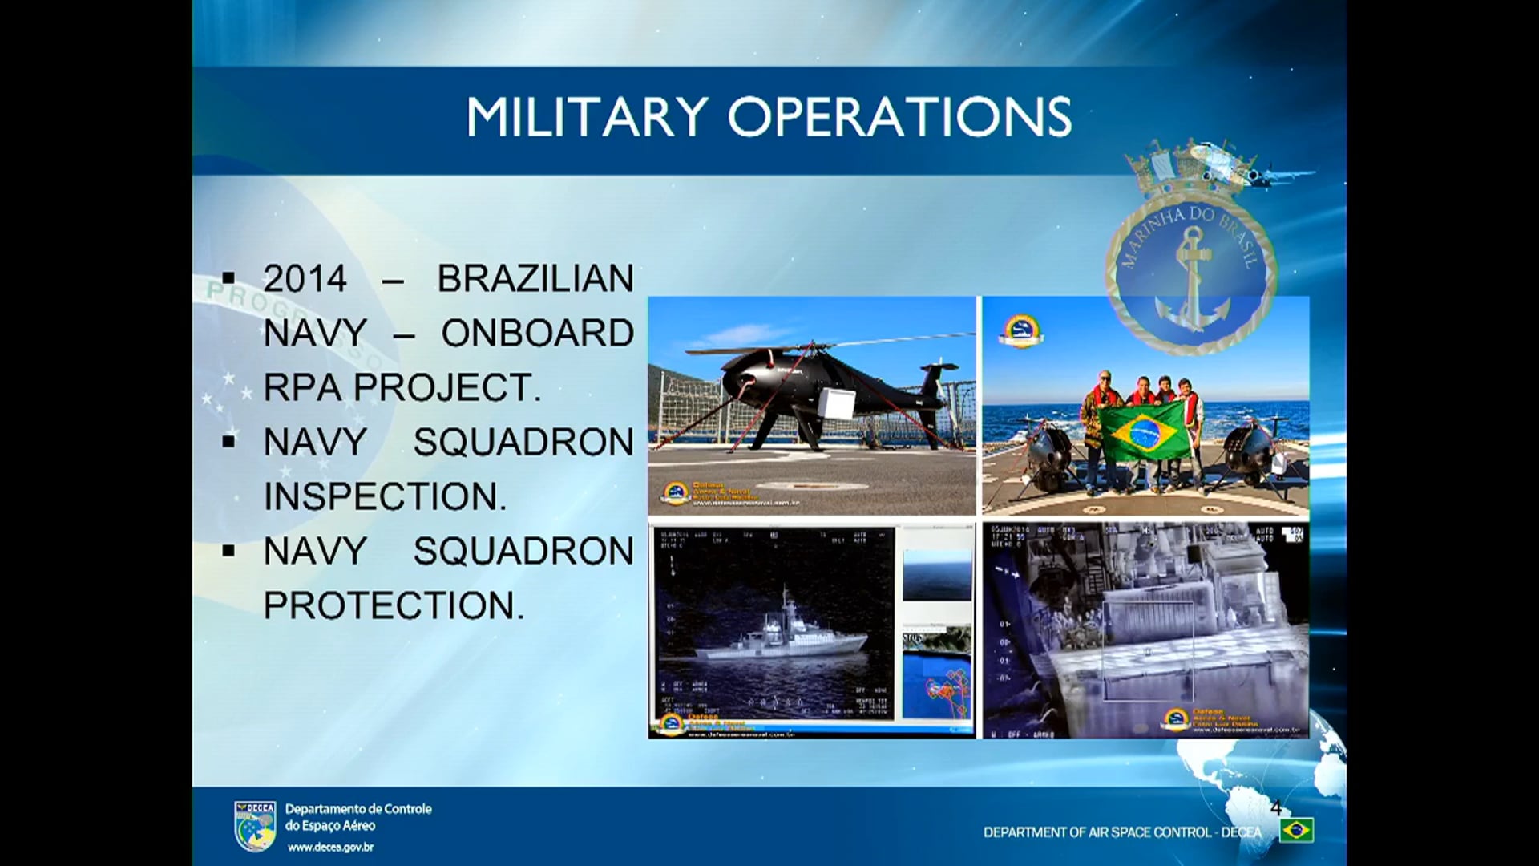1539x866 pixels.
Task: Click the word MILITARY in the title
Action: tap(588, 117)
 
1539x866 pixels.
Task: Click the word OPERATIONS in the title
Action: tap(899, 117)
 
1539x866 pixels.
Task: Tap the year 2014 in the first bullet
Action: tap(305, 279)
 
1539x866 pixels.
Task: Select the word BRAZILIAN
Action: tap(535, 279)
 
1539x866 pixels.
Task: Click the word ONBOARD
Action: tap(537, 334)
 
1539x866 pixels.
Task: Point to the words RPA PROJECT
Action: tap(401, 387)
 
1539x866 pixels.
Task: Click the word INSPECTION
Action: tap(385, 496)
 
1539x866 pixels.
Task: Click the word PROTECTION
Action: tap(393, 605)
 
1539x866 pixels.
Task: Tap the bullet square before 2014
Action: tap(229, 279)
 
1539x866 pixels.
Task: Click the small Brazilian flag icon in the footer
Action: tap(1296, 831)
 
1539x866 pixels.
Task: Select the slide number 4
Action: tap(1276, 807)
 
